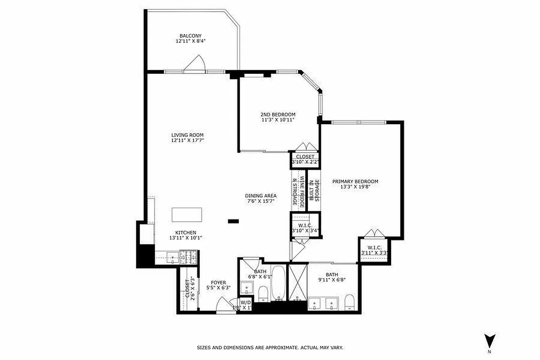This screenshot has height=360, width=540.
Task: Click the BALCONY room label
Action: tap(190, 36)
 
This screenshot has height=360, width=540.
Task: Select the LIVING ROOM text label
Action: tap(187, 135)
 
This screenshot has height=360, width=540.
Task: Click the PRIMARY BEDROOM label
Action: tap(355, 181)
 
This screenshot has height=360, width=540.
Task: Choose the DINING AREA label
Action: tap(261, 196)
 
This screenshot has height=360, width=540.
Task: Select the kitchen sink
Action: tap(172, 257)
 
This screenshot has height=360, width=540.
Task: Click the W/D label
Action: tap(245, 302)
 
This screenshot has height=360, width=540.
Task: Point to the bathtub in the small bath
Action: tap(278, 283)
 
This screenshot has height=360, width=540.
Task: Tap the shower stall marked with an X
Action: tap(297, 282)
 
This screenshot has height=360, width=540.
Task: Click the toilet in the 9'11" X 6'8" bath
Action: tap(349, 302)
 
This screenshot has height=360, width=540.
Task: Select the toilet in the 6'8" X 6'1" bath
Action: tap(263, 295)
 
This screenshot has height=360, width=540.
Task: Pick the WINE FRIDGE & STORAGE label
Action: tap(298, 191)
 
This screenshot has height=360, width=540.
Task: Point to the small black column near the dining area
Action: tap(233, 221)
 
